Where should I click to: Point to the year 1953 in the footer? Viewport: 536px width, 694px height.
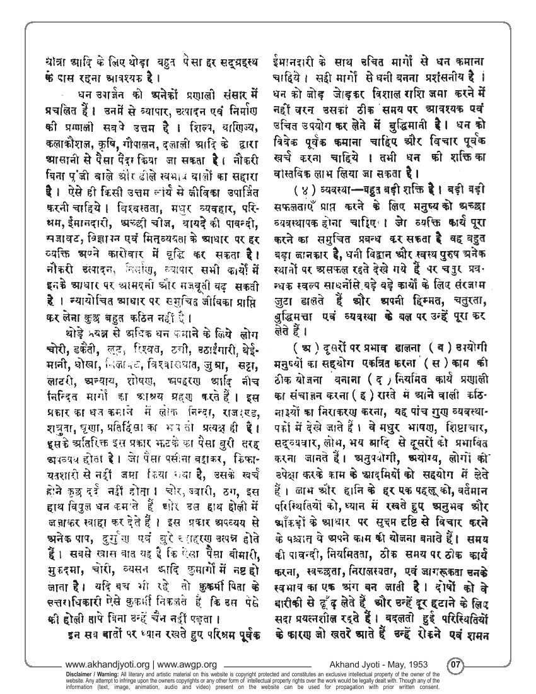tap(426, 664)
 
